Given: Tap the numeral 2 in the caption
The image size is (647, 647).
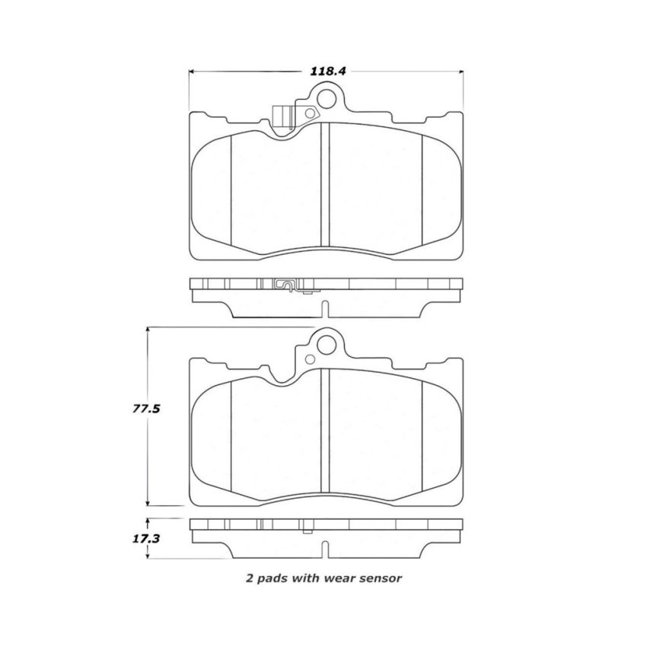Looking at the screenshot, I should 249,578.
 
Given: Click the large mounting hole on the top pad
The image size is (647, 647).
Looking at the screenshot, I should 327,99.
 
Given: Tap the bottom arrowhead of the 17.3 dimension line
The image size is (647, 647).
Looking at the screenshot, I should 148,556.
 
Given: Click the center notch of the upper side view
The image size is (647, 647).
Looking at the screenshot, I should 325,309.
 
